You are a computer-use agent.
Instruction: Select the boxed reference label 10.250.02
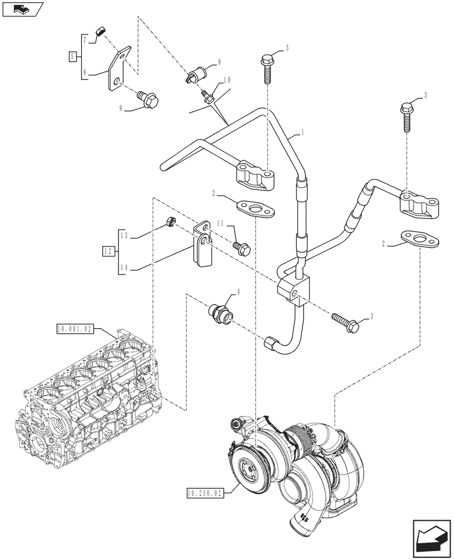pyautogui.click(x=204, y=493)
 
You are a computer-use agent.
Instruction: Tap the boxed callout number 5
pyautogui.click(x=72, y=56)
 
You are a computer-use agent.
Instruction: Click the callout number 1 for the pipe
pyautogui.click(x=302, y=132)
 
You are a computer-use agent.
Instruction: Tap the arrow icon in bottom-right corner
pyautogui.click(x=431, y=538)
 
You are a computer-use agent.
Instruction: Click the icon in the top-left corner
pyautogui.click(x=22, y=9)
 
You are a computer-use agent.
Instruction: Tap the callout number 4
pyautogui.click(x=239, y=291)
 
